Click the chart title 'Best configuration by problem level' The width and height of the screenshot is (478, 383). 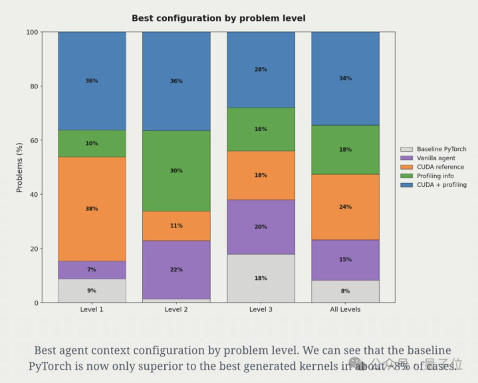[218, 18]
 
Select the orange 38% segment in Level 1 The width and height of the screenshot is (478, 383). [92, 209]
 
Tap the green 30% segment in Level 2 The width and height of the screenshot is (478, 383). [176, 171]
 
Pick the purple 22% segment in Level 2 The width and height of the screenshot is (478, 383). [176, 269]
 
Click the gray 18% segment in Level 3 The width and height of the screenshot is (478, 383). [261, 278]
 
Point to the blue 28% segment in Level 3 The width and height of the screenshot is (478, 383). [261, 69]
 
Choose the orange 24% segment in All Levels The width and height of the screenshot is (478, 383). [345, 207]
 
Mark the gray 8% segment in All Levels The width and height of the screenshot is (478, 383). [345, 291]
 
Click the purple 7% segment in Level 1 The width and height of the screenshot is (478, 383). [92, 270]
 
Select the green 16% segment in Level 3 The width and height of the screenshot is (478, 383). [261, 129]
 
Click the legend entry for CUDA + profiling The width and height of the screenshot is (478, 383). [441, 185]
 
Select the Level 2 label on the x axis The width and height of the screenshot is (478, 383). [176, 310]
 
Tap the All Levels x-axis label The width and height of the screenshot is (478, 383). [345, 310]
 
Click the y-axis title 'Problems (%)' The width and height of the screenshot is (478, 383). [19, 167]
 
